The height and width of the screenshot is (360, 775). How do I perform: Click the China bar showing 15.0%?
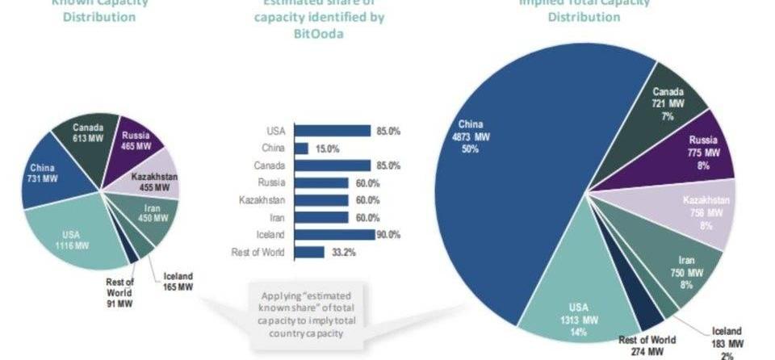pos(301,149)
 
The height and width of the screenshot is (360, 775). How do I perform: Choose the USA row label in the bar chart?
pos(274,131)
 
